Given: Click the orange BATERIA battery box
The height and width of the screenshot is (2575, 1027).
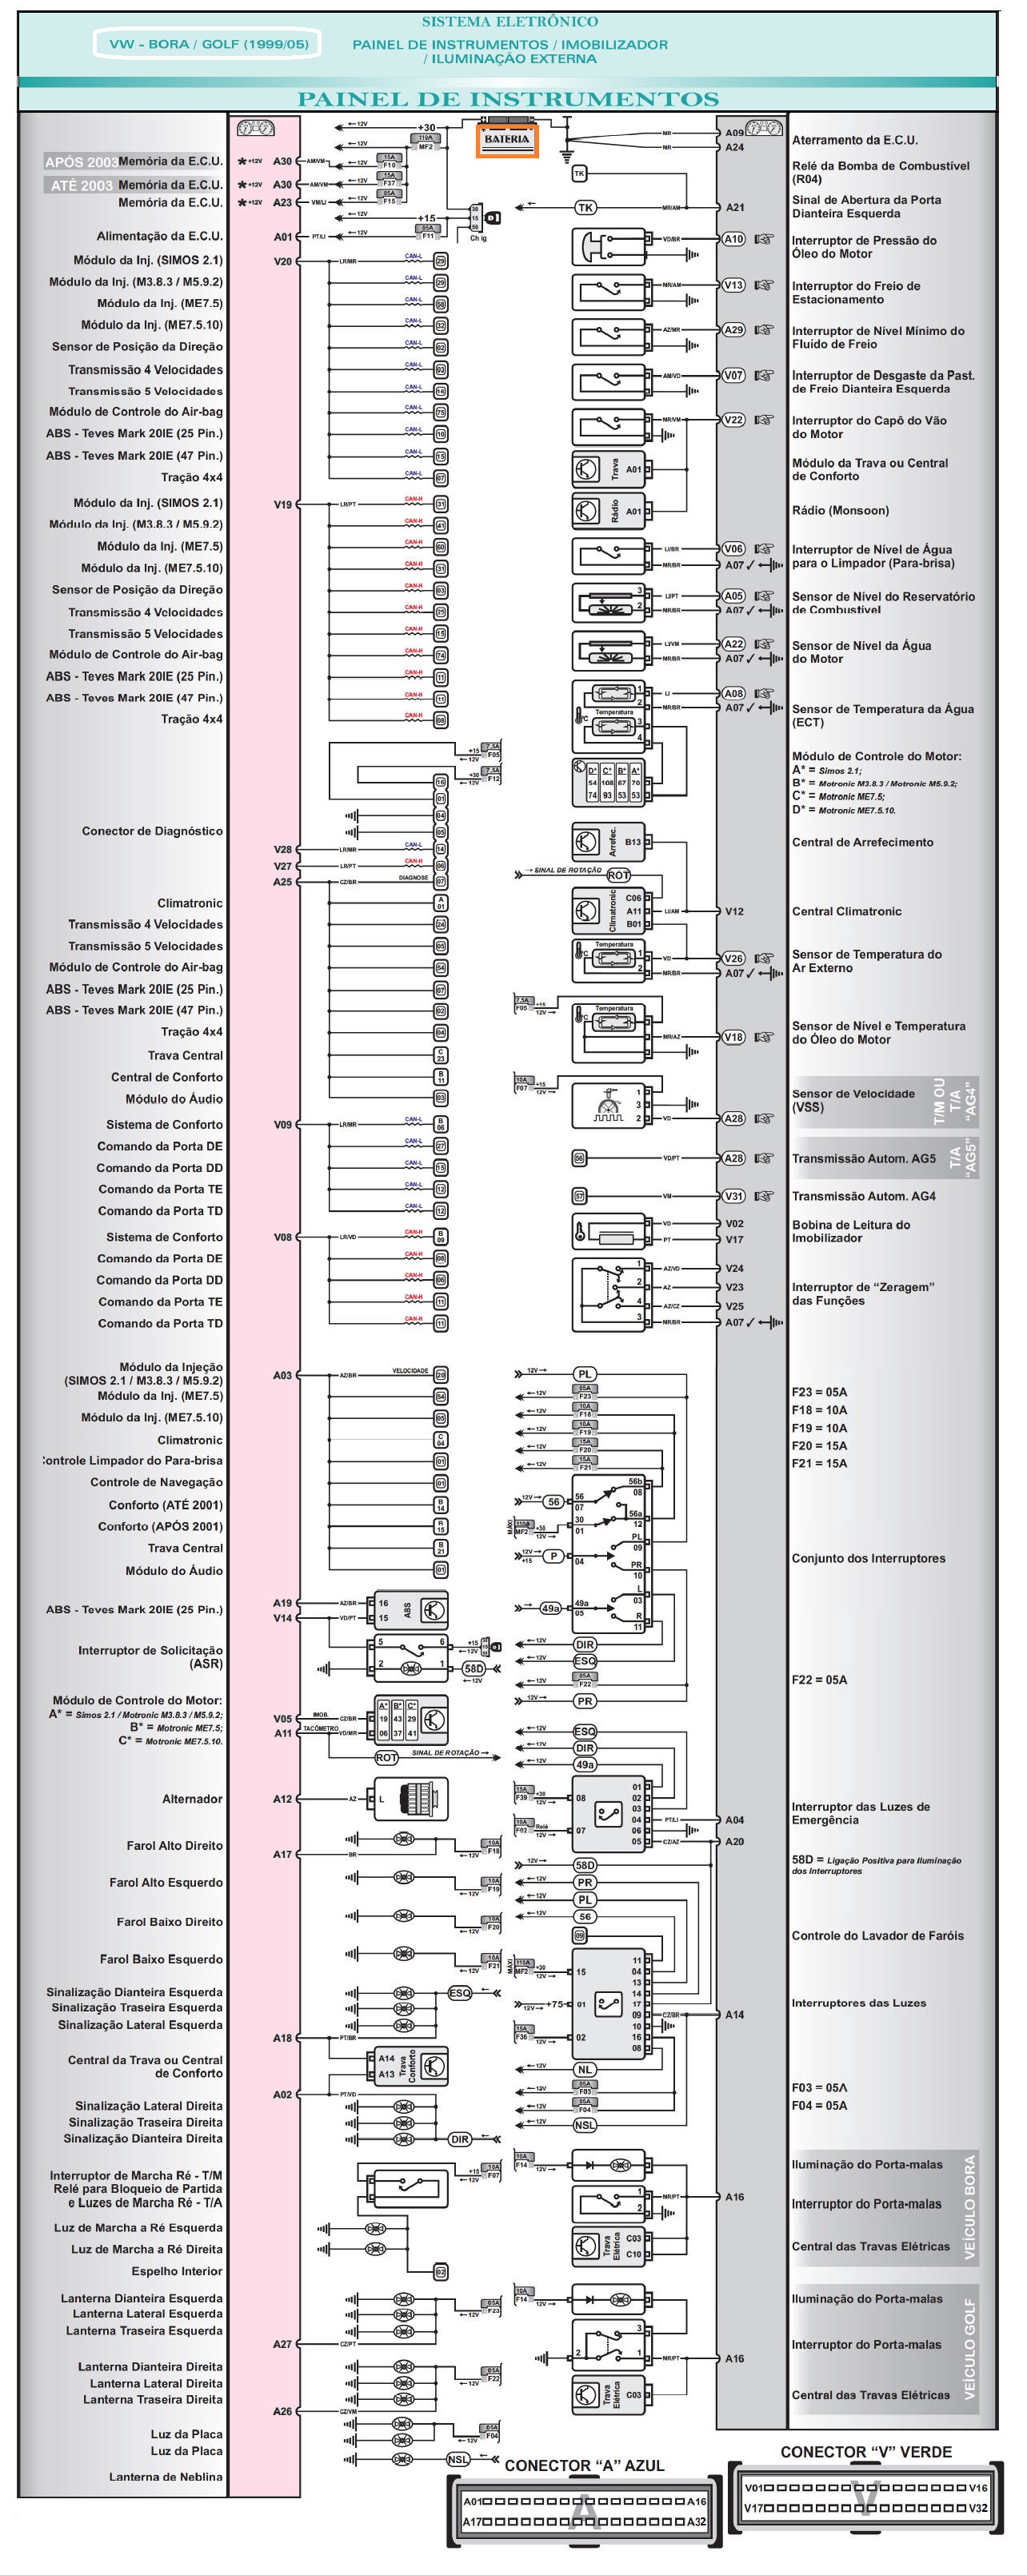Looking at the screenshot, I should (507, 141).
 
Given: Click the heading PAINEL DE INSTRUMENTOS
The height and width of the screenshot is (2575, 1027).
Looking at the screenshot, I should (508, 99).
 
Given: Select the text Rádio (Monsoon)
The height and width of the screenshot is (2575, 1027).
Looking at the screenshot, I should (840, 511).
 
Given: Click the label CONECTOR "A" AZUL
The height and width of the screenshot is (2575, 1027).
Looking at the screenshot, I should (584, 2465).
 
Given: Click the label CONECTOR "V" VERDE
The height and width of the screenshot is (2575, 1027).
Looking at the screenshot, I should (866, 2451).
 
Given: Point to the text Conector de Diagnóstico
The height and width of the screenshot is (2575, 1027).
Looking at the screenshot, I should (152, 831).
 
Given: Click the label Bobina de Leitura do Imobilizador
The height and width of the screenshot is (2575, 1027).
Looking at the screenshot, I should (851, 1230).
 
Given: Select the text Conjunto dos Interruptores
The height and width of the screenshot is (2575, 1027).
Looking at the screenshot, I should (868, 1557).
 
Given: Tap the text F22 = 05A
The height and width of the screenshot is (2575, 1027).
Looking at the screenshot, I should (819, 1680).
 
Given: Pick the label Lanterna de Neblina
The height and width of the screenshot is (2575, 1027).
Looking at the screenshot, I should (166, 2476).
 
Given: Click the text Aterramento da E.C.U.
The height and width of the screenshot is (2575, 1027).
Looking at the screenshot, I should (854, 140).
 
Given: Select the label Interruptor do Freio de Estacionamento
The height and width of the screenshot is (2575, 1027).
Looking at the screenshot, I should (856, 292).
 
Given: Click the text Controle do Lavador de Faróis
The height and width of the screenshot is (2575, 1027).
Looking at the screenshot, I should (877, 1935).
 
